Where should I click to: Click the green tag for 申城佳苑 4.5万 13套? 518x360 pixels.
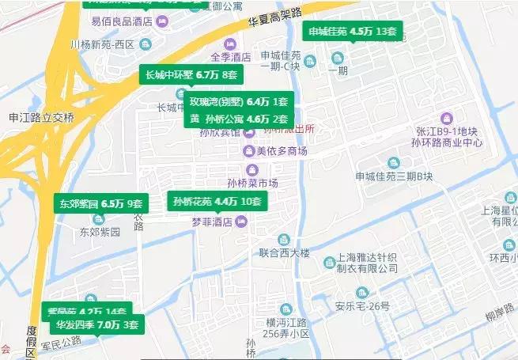point(354,32)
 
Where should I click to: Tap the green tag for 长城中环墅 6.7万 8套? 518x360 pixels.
point(191,76)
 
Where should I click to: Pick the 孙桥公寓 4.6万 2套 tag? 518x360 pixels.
point(238,119)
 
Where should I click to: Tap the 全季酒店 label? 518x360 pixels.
point(230,57)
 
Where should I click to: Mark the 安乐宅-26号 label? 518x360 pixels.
point(362,307)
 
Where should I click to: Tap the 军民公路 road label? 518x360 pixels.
point(60,343)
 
